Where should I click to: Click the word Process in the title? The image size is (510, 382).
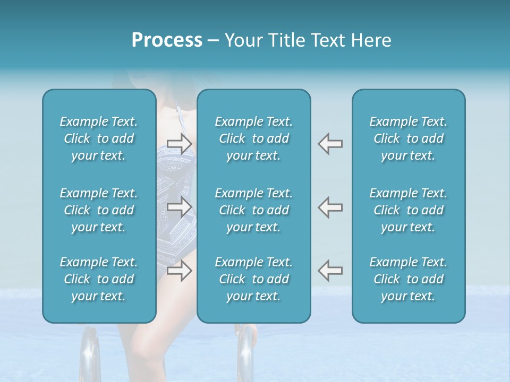(167, 40)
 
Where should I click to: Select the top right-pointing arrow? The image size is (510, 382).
(179, 143)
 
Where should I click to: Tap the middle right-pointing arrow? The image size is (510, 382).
(179, 207)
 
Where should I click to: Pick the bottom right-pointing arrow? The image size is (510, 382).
(179, 271)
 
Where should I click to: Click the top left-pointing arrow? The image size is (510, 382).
(330, 143)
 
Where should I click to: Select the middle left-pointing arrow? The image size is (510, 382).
(330, 207)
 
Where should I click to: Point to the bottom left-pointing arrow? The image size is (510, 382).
(330, 271)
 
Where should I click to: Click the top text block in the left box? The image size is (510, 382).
(99, 138)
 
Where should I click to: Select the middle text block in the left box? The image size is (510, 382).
(99, 210)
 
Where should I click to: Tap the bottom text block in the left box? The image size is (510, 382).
(99, 279)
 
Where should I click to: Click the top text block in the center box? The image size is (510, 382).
(254, 138)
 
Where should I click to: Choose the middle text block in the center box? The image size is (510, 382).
(254, 210)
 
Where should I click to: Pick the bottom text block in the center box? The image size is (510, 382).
(254, 279)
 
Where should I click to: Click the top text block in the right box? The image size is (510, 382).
(409, 138)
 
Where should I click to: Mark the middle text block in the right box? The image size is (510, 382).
(409, 210)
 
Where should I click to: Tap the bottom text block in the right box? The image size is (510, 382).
(409, 279)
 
